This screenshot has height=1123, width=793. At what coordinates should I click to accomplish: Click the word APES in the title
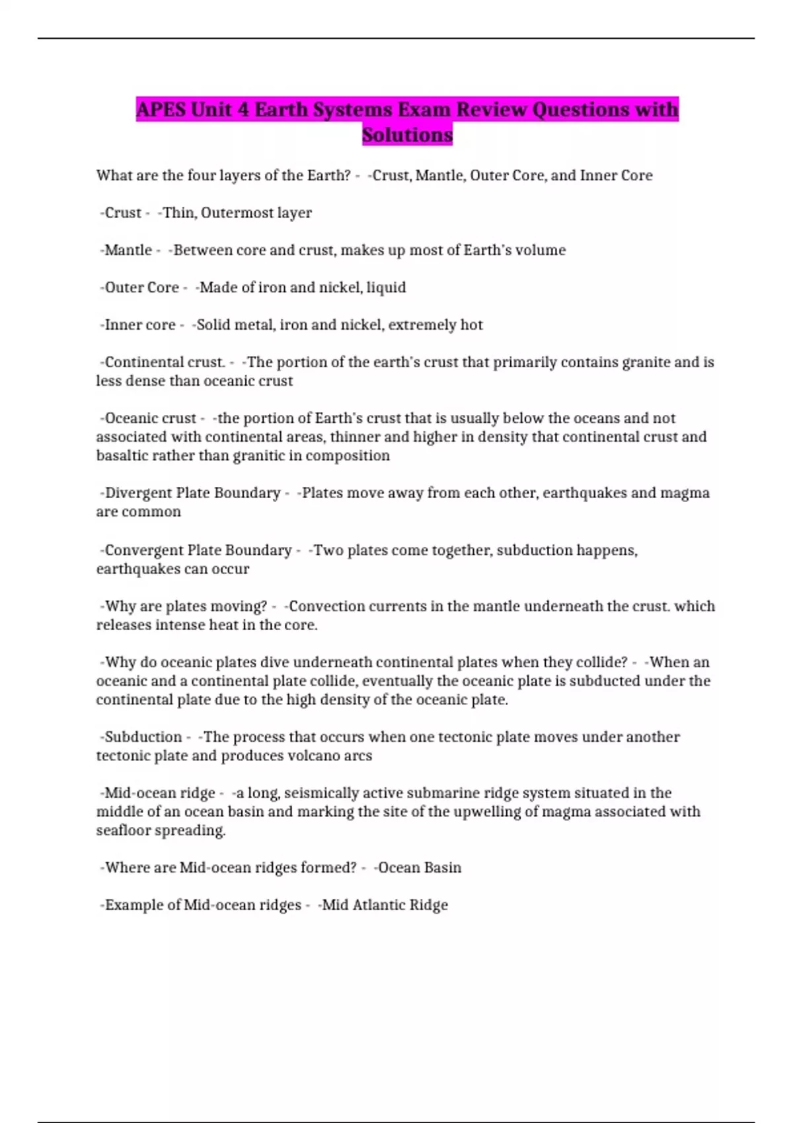(x=161, y=110)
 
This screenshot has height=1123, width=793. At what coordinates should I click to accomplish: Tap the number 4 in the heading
(x=243, y=110)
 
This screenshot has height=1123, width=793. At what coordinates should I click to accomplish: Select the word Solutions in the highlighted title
(x=407, y=135)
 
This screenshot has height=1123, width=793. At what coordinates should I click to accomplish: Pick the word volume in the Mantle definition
(x=541, y=250)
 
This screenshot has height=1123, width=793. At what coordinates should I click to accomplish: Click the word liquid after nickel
(x=386, y=288)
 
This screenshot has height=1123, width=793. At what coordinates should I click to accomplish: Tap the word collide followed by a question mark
(x=601, y=663)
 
